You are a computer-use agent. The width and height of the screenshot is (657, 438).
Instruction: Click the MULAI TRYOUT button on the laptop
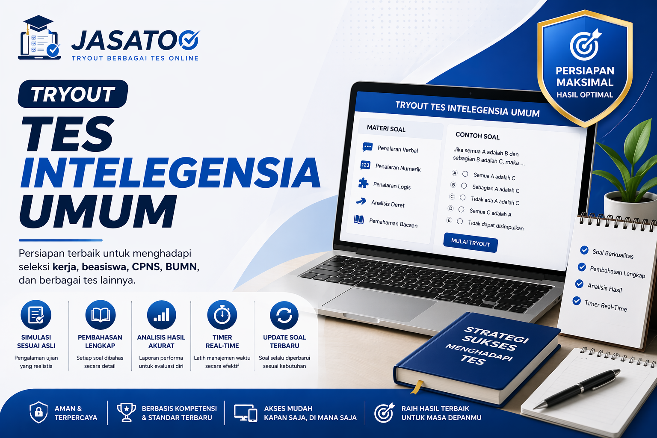point(471,243)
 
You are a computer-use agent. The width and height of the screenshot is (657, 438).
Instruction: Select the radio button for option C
point(462,198)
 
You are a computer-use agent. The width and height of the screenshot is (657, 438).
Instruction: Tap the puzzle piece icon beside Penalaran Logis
point(363,183)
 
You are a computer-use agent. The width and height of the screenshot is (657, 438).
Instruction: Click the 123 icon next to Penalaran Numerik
point(365,165)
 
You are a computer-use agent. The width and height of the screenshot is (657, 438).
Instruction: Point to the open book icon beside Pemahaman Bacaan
point(359,220)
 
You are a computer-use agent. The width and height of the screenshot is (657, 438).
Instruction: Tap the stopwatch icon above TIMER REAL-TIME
point(222,315)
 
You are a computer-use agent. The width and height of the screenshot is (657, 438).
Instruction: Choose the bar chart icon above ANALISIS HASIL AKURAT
point(161,315)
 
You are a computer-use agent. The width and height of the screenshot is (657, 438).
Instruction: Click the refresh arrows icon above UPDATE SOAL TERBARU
point(284,315)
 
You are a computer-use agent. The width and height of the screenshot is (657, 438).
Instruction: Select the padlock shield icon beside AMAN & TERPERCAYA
point(38,412)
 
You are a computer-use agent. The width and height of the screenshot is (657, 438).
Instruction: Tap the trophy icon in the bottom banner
point(126,412)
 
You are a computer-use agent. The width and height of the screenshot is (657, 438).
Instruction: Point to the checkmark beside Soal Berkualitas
point(584,250)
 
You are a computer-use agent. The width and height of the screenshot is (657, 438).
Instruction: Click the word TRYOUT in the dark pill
point(73,94)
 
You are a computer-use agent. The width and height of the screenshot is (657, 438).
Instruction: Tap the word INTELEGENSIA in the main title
point(170,173)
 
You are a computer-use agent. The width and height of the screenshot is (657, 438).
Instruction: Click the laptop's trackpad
point(379,303)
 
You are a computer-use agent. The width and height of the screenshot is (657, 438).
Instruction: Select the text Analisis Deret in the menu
point(388,204)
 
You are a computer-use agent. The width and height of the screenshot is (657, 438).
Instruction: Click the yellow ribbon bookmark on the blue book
point(416,387)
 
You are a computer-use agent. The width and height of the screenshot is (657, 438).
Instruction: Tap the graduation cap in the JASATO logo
point(38,24)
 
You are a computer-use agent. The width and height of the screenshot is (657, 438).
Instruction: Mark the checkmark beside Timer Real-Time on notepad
point(577,301)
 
